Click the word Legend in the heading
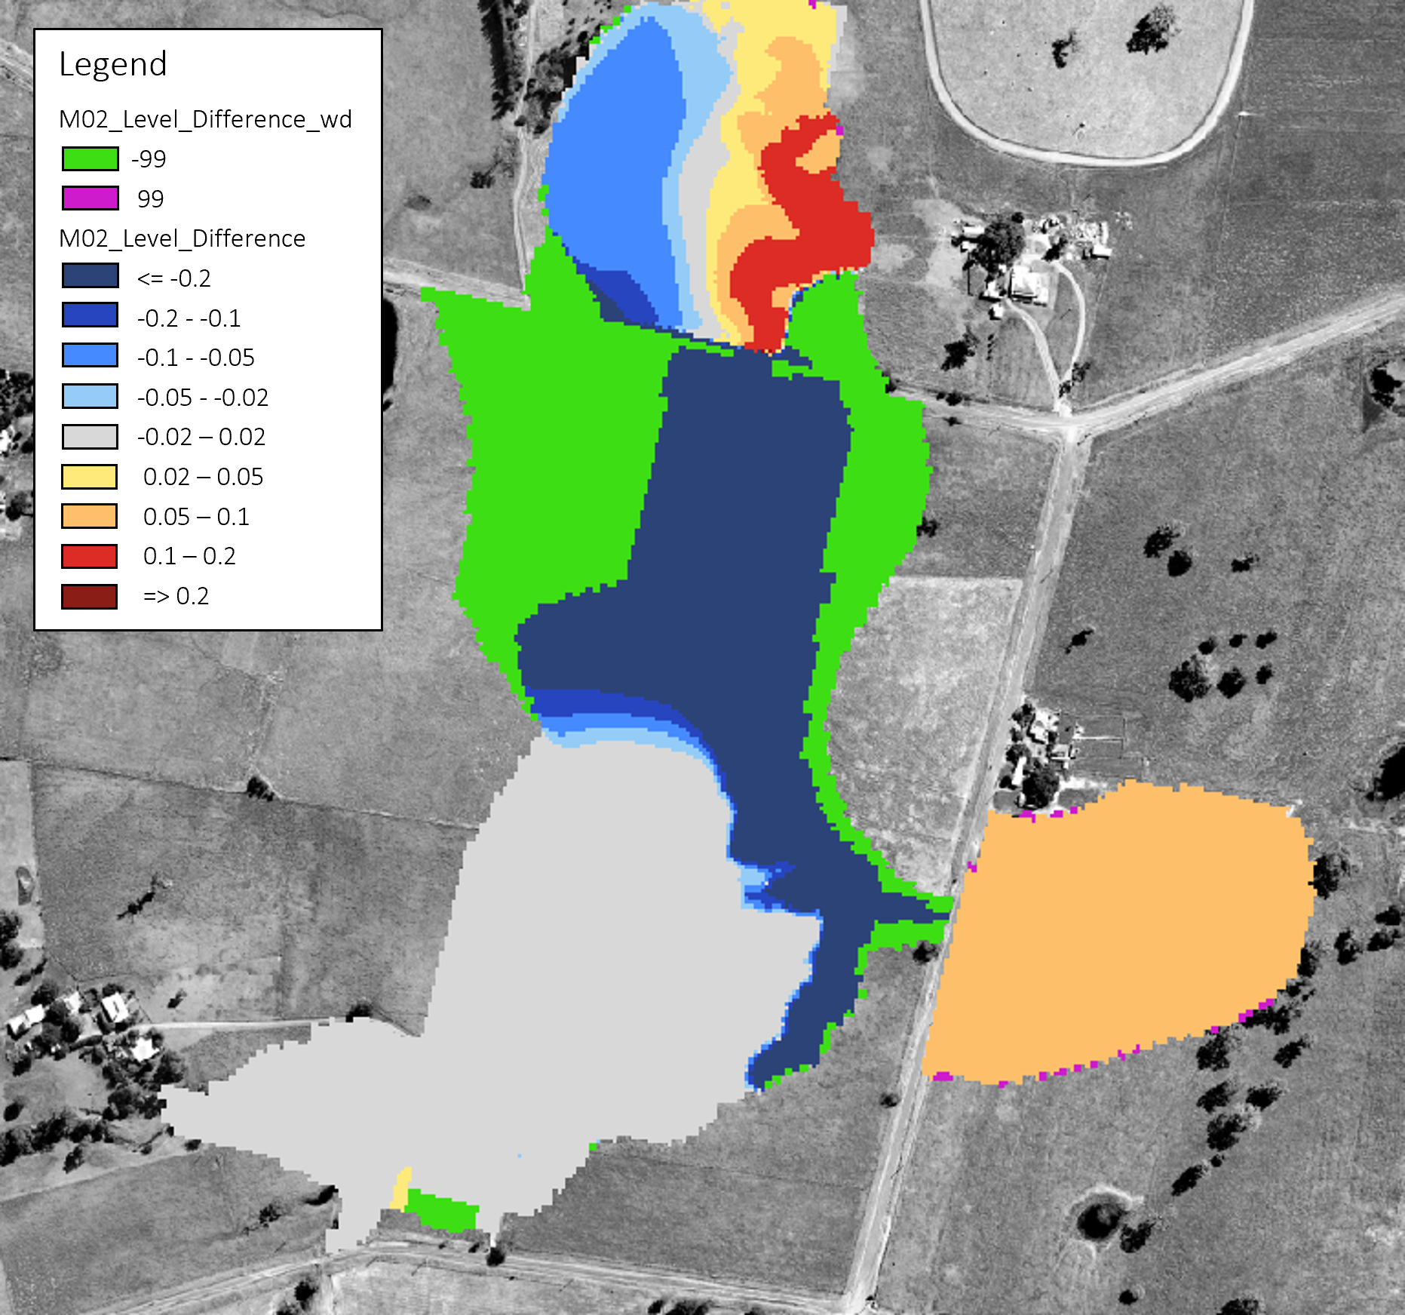[113, 64]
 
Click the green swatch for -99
[90, 159]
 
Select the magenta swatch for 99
[90, 198]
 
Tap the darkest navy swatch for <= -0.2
[90, 275]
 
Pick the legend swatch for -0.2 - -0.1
[90, 315]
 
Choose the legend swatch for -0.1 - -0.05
[90, 355]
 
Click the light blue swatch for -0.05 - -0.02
[90, 396]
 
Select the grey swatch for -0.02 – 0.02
[90, 437]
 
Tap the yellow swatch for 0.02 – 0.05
[90, 477]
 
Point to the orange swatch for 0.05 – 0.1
[90, 517]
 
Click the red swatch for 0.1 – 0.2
[90, 557]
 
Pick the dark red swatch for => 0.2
[90, 597]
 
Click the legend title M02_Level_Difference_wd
[205, 119]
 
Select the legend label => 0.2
[176, 597]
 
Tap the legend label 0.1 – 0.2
[189, 557]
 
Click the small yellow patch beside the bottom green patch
[400, 1189]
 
